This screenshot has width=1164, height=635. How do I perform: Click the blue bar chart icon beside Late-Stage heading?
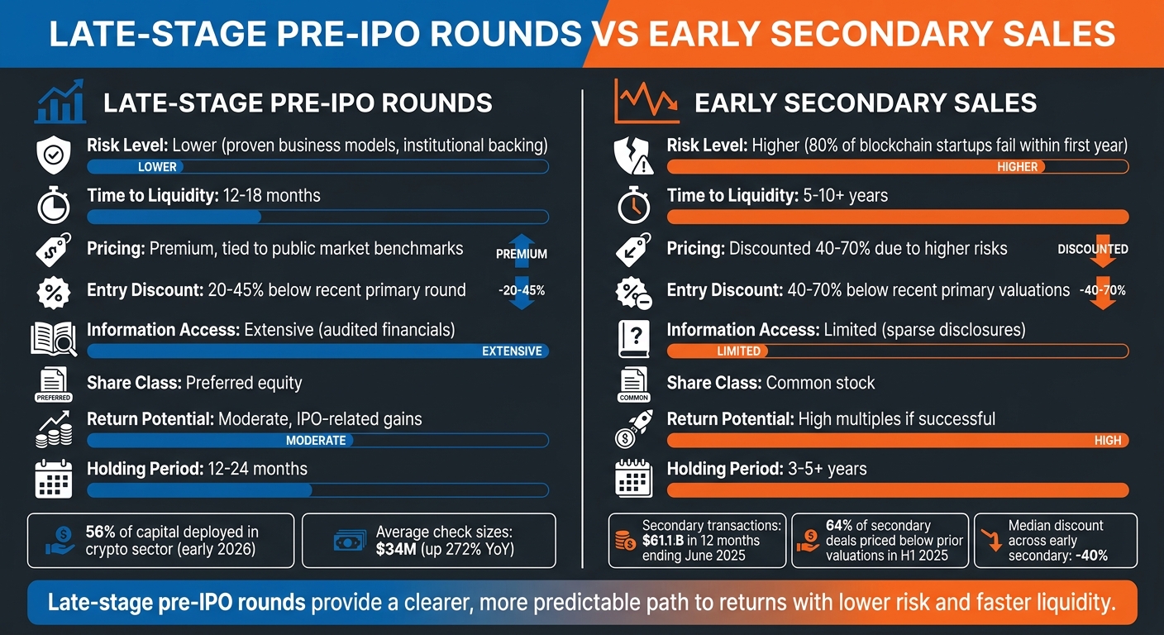point(60,101)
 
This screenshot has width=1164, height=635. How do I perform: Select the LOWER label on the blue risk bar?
point(157,167)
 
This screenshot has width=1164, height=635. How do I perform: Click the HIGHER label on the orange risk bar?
point(1017,167)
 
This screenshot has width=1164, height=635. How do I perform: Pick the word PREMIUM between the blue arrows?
point(521,255)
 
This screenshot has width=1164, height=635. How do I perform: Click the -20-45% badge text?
point(521,290)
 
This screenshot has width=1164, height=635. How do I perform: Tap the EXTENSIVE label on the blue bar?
point(512,351)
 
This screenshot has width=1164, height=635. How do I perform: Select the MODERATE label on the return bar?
point(316,441)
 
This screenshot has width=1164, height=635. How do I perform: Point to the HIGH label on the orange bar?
point(1108,441)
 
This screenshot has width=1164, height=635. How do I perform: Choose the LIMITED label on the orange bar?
point(738,351)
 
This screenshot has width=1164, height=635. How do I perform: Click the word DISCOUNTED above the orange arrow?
point(1092,249)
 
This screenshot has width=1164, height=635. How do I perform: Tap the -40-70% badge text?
point(1102,290)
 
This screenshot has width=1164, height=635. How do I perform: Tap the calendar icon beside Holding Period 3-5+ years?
point(635,479)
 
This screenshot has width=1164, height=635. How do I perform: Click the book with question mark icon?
point(635,339)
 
